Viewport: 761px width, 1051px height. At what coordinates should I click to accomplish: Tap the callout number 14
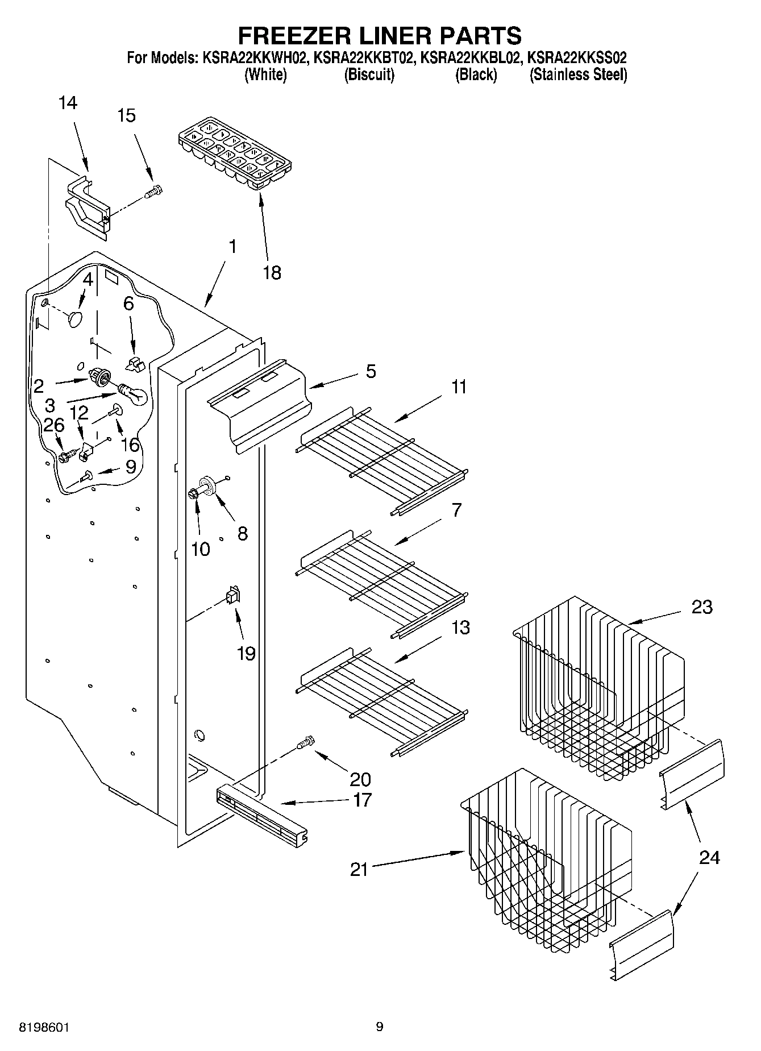(68, 103)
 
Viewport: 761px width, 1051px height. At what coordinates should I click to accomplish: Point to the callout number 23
(702, 607)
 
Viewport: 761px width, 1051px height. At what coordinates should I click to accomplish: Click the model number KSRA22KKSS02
(577, 57)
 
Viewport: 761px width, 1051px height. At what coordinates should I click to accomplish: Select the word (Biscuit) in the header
(369, 74)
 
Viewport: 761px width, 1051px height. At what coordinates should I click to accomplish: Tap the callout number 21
(359, 870)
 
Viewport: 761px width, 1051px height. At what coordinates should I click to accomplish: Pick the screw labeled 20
(305, 742)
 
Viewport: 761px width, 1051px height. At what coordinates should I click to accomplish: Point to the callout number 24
(709, 857)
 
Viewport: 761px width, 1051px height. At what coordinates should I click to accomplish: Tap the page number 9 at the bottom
(380, 1027)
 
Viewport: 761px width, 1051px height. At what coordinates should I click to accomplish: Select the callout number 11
(459, 387)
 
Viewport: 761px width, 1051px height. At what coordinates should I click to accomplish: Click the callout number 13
(460, 628)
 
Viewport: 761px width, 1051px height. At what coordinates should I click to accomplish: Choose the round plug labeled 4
(75, 318)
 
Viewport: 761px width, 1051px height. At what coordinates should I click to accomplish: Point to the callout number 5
(371, 371)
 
